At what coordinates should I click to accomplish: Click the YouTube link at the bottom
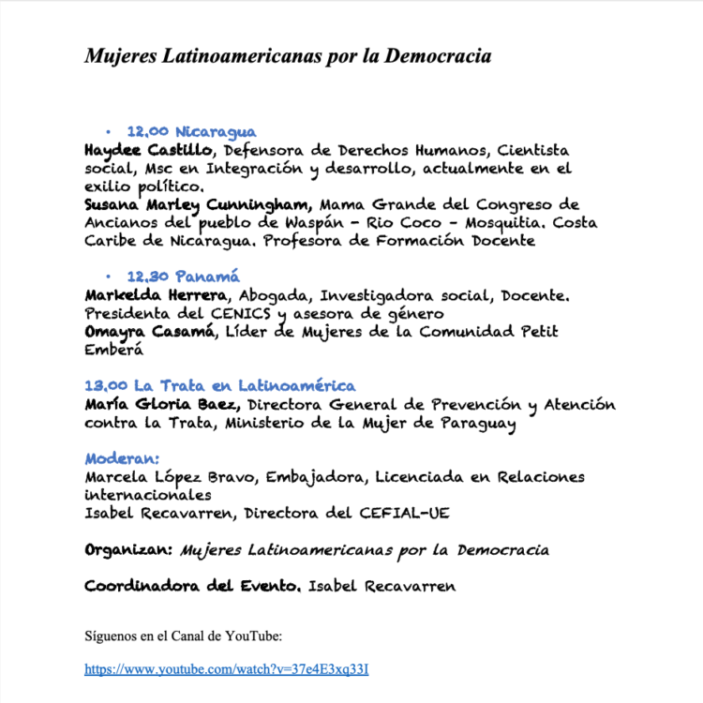232,669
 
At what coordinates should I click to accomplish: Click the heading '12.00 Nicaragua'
191,132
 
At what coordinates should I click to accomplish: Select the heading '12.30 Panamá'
183,277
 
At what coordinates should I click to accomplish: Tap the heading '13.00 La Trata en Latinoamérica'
219,385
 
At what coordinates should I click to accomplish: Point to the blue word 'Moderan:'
122,458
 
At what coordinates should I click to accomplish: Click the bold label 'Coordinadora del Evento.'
193,586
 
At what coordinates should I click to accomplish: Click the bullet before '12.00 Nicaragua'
109,132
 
